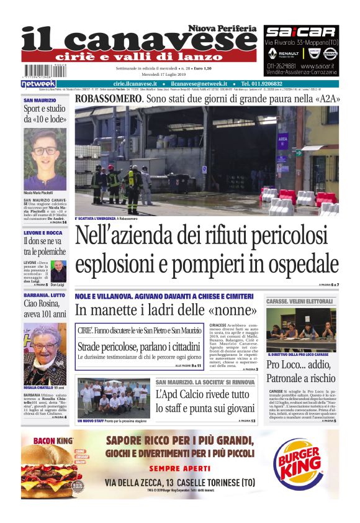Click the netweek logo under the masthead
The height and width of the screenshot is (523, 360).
pyautogui.click(x=38, y=84)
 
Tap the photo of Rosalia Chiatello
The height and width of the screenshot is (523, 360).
pyautogui.click(x=45, y=353)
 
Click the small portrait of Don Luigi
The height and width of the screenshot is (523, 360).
pyautogui.click(x=58, y=271)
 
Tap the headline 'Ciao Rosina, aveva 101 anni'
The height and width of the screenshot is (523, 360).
pyautogui.click(x=45, y=309)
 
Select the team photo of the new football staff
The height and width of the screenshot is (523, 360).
pyautogui.click(x=114, y=398)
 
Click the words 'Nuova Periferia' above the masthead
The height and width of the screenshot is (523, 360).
pyautogui.click(x=223, y=29)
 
